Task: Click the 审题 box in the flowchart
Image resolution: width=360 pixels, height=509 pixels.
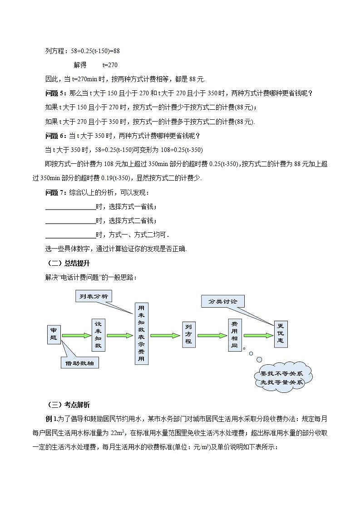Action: point(54,334)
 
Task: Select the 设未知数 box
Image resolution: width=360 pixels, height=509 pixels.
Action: point(98,335)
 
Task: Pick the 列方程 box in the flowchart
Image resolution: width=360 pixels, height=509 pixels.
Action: point(188,335)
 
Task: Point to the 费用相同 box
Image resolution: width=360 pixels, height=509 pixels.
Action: point(234,334)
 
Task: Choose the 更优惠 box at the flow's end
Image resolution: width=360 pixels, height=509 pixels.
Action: point(281,334)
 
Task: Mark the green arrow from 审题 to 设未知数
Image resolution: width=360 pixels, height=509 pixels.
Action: point(76,336)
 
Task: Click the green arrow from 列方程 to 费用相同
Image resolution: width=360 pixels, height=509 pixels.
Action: point(212,336)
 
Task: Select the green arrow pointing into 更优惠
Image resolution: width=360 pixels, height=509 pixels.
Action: point(258,336)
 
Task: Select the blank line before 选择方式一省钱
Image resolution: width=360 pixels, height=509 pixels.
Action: point(70,207)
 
